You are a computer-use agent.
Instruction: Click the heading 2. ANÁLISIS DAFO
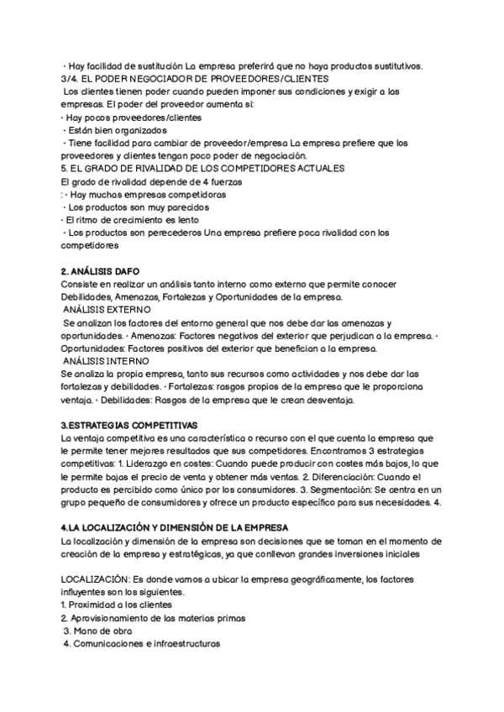coord(101,272)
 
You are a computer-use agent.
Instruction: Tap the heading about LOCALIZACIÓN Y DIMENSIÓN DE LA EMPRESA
coord(175,527)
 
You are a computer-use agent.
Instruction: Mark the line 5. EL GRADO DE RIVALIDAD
coord(203,169)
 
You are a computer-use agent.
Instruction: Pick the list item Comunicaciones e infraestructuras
coord(145,644)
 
